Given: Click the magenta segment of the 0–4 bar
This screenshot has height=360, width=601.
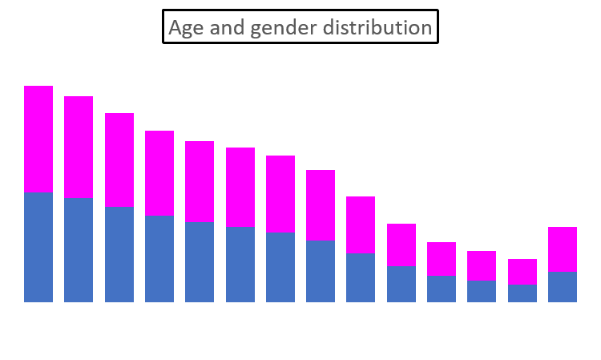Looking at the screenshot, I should point(38,139).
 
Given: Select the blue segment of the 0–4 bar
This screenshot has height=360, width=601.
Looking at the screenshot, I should point(38,247).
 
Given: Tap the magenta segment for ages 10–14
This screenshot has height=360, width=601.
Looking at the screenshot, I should point(119,160).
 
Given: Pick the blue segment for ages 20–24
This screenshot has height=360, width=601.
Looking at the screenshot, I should point(200,262).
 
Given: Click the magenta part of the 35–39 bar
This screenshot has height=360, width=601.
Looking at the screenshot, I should point(321,204).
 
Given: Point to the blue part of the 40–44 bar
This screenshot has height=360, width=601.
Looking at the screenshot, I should point(361,277).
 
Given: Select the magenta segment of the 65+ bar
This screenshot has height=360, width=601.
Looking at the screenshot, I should point(563,249).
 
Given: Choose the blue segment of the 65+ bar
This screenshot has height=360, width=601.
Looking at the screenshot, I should point(563,287).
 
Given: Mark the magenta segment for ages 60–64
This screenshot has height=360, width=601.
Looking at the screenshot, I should point(522,272).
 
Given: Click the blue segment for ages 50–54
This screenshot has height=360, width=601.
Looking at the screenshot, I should point(442,289).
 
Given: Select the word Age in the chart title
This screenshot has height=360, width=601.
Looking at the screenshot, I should point(185,28).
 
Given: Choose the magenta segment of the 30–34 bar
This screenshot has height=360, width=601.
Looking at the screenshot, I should point(280,193).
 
